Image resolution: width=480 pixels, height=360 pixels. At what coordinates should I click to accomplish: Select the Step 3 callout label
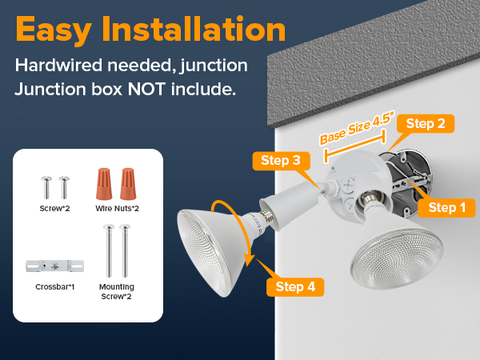coord(280,161)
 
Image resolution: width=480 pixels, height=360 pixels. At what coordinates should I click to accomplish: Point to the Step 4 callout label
coord(300,287)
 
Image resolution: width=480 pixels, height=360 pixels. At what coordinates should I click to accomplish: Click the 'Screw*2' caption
coord(54,209)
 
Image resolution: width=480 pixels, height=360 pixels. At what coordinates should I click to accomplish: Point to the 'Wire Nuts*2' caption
coord(118,209)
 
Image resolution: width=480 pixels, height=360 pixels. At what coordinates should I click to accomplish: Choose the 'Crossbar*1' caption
coord(55,286)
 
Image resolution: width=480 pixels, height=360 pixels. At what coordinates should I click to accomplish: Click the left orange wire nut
coord(104,183)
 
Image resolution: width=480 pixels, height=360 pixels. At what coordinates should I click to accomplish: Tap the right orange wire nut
coord(126,183)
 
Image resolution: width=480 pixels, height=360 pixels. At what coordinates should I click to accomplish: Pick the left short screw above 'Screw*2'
coord(45,186)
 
